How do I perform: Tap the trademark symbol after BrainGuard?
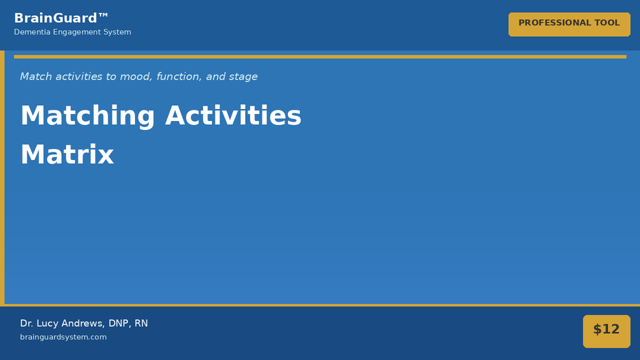103,15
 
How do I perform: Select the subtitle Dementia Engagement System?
73,32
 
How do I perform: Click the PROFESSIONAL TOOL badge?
569,24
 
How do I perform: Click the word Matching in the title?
88,116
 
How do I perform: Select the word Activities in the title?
233,115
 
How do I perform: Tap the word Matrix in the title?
68,155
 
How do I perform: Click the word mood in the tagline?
131,76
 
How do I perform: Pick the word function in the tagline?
179,76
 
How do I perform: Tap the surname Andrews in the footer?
83,323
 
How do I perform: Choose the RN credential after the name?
141,323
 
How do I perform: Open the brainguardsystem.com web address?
63,337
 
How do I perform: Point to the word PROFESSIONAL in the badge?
555,23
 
